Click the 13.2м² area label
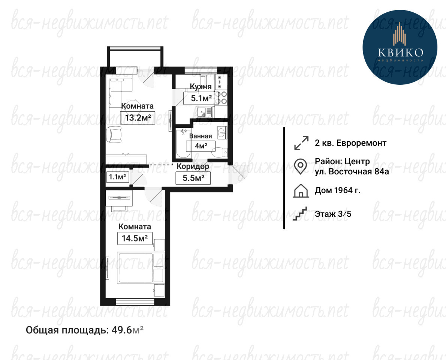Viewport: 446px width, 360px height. tap(138, 117)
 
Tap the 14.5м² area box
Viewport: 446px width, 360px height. tap(135, 238)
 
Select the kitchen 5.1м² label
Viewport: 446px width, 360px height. tap(201, 99)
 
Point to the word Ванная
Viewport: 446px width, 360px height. tap(201, 136)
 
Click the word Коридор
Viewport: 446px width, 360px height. tap(193, 166)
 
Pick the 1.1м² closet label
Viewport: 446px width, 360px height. tap(117, 177)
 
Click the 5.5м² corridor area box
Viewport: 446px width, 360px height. tap(193, 178)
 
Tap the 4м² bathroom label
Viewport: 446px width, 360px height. tap(201, 146)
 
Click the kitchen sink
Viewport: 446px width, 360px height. tap(204, 112)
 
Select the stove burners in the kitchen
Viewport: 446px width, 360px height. tap(223, 97)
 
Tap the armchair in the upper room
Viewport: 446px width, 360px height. tap(114, 135)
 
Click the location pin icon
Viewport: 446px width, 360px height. tap(300, 166)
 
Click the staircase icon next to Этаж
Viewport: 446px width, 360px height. tap(300, 213)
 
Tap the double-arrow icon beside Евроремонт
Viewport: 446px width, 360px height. tap(301, 143)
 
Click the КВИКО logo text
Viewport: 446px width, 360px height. tap(401, 52)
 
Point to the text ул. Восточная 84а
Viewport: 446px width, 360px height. tap(352, 172)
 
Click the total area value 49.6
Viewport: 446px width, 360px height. tap(122, 330)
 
